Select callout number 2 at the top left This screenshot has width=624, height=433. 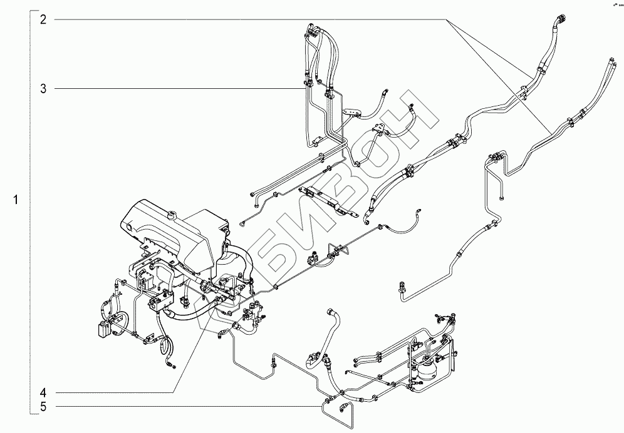tap(44, 19)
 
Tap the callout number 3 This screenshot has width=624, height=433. tap(44, 89)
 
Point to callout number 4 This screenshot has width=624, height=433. tap(44, 393)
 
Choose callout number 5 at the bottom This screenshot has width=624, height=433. tap(44, 407)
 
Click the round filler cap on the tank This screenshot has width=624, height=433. tap(169, 216)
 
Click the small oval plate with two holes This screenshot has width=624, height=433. tap(354, 113)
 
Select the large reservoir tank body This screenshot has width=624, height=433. tap(175, 232)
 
